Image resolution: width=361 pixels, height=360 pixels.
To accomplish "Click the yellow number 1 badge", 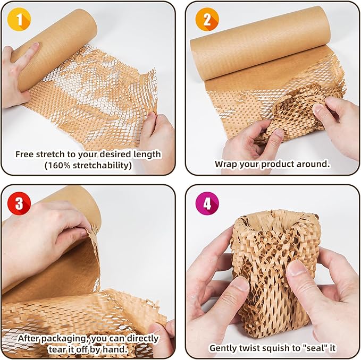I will [x=19, y=20].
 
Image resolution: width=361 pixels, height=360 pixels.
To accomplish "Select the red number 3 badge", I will [x=19, y=204].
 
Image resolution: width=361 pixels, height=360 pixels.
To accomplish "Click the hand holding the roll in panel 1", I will [x=19, y=74].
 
